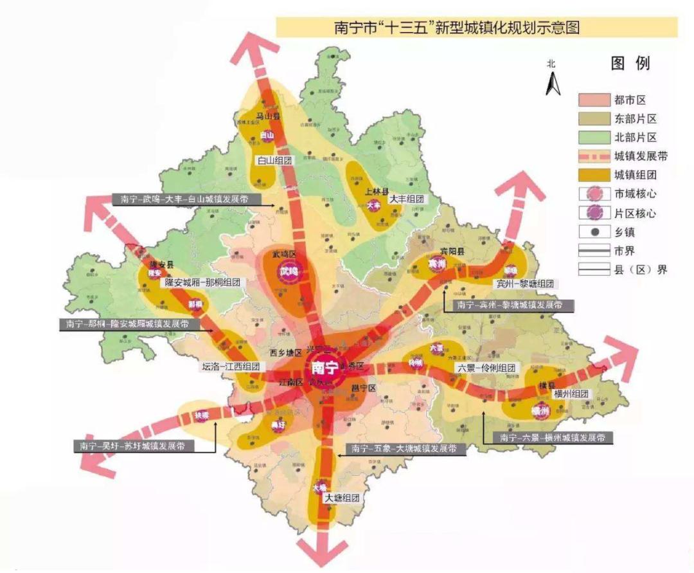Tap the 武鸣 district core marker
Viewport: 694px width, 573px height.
(289, 272)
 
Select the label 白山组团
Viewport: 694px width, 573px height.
(274, 161)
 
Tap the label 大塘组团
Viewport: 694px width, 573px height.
(341, 498)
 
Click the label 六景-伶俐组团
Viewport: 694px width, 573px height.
(486, 368)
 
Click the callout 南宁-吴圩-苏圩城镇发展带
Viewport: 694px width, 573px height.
(132, 446)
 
